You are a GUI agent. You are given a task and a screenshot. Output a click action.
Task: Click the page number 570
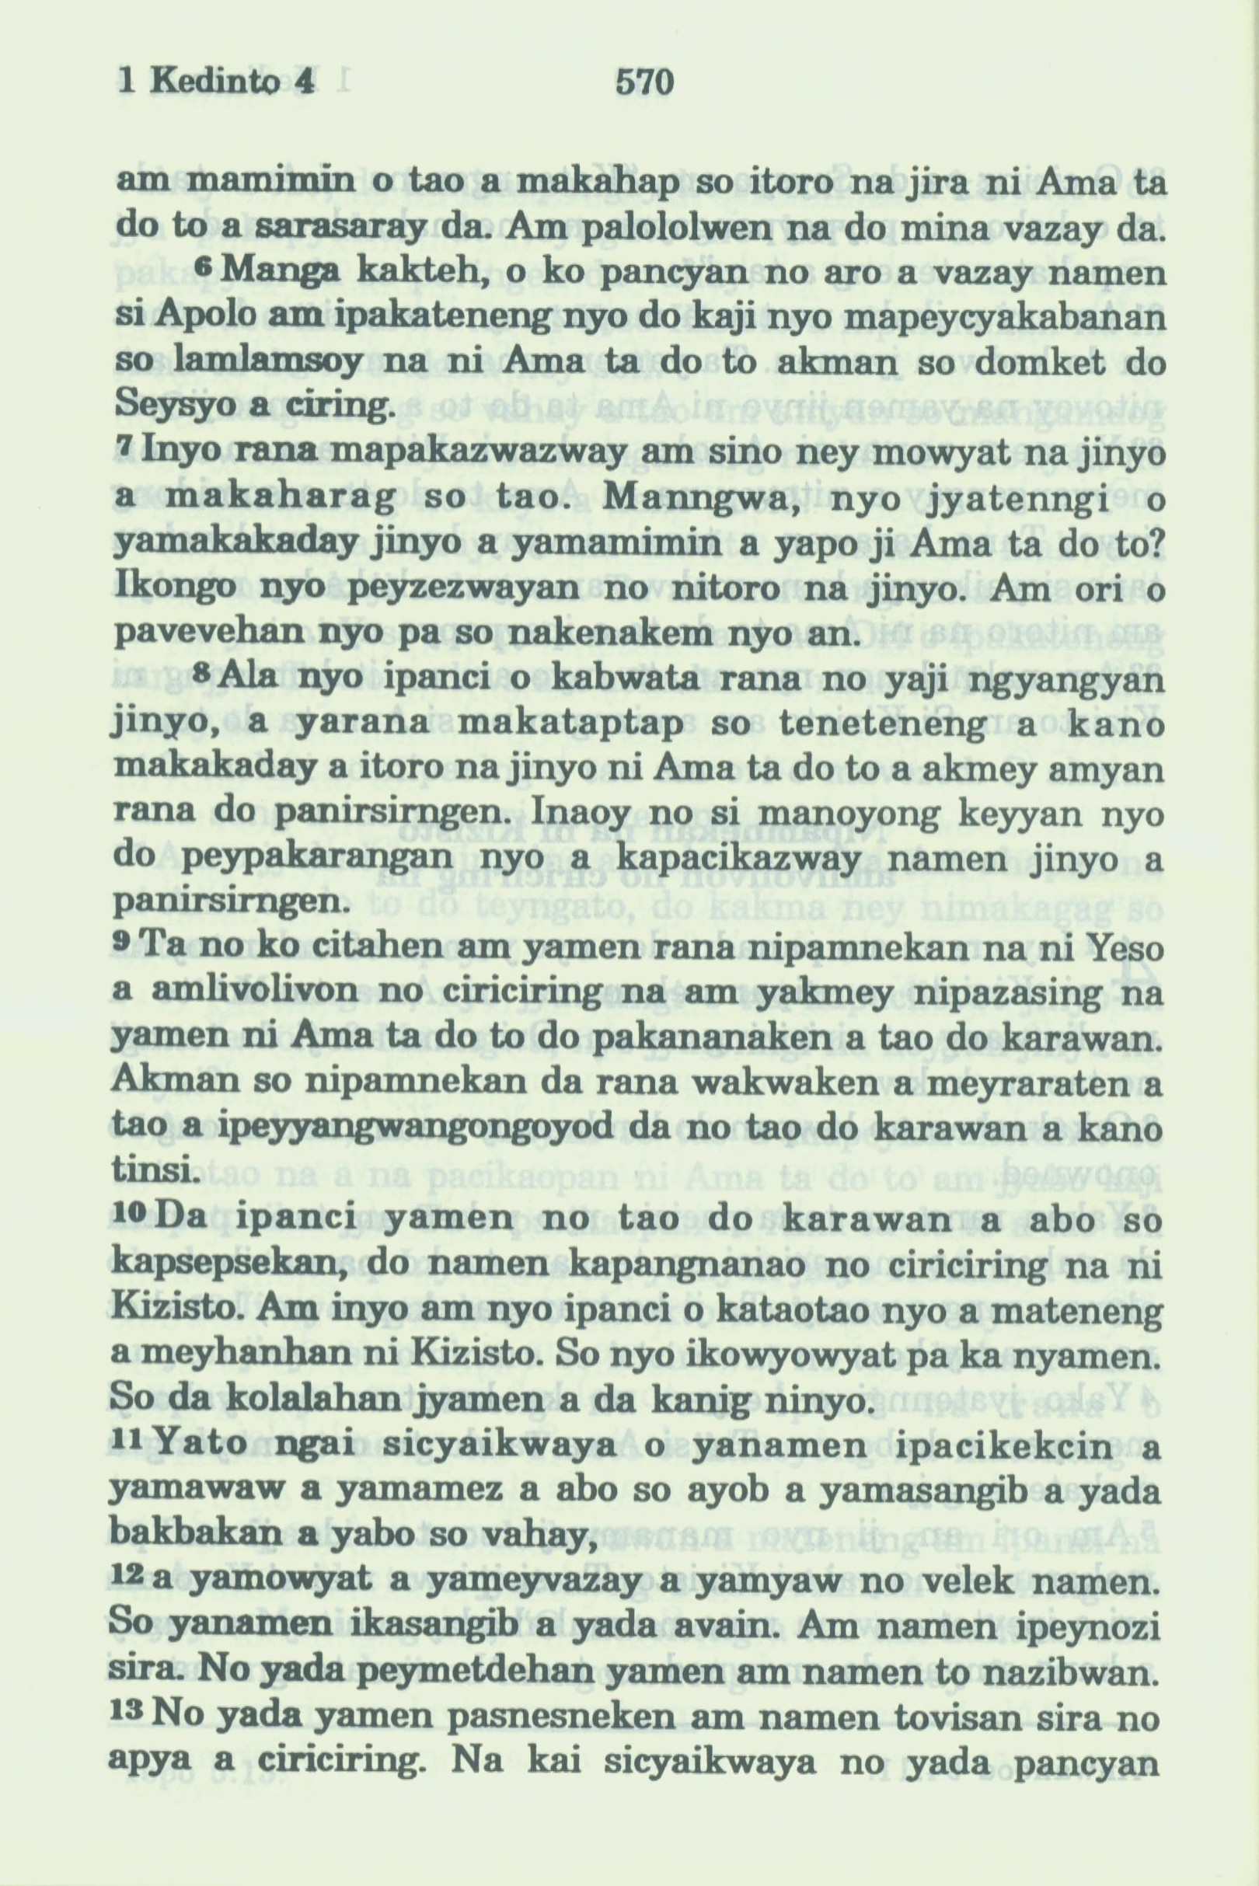point(643,82)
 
